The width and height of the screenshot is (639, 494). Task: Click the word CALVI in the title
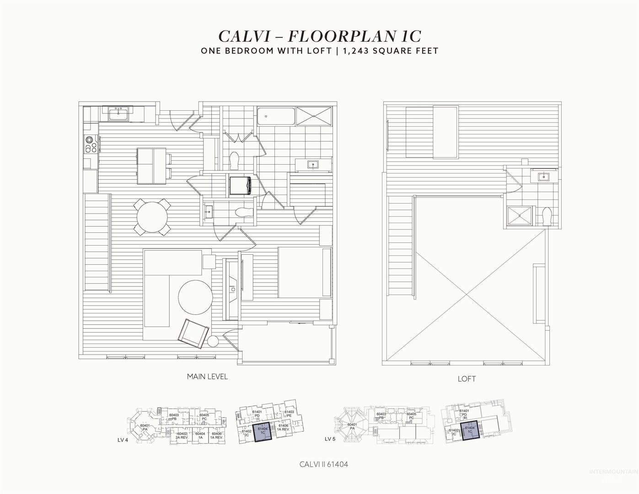coord(246,36)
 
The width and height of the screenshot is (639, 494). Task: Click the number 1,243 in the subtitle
coord(355,50)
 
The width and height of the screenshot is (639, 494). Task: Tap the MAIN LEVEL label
coord(207,377)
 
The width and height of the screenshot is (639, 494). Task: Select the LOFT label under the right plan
coord(467,379)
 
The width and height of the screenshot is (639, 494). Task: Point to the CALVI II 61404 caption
coord(324,464)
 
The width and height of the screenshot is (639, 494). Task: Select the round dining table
coord(153,216)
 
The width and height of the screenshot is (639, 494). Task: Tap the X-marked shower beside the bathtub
coord(314,116)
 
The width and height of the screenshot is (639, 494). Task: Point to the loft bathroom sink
coord(544,176)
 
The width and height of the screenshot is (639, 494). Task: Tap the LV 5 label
coord(330,439)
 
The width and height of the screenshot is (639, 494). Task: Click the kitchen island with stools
coord(152,165)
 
